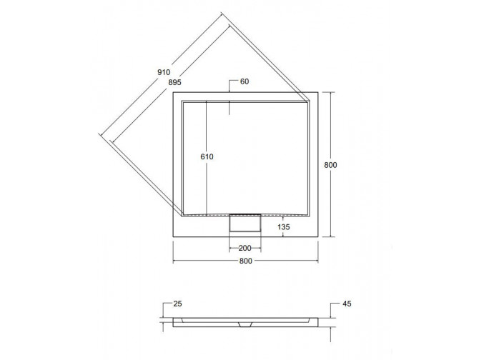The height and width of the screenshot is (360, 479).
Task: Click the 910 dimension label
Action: [x=163, y=71]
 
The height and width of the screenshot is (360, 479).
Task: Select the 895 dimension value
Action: [x=169, y=83]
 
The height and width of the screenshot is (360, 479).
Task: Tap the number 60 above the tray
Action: [x=244, y=82]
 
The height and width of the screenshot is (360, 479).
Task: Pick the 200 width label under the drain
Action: [x=244, y=249]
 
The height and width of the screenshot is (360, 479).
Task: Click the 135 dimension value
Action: [x=285, y=228]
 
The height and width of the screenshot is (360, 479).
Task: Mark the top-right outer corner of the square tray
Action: [x=317, y=93]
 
